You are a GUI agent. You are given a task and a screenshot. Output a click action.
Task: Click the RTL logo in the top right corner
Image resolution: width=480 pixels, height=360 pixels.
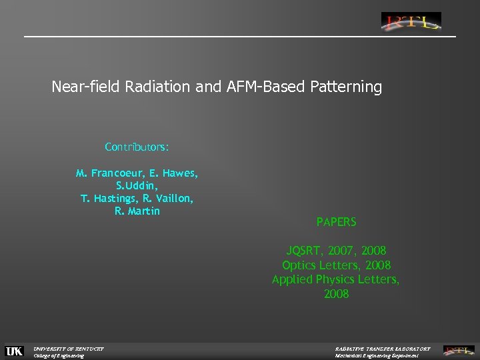[411, 21]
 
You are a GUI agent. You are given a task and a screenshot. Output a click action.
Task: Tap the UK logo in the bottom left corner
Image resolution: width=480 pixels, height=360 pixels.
[14, 351]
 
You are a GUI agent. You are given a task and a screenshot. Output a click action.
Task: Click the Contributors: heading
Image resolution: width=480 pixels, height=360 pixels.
[137, 146]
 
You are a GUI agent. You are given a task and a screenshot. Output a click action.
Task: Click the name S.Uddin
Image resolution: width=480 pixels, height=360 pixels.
[137, 186]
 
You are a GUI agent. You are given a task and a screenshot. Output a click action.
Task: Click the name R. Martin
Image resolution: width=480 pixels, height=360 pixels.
[137, 211]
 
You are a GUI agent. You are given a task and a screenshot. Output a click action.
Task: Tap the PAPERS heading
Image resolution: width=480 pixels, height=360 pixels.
[336, 222]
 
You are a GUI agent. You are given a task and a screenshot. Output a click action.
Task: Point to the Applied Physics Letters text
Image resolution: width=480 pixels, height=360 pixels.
[336, 280]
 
